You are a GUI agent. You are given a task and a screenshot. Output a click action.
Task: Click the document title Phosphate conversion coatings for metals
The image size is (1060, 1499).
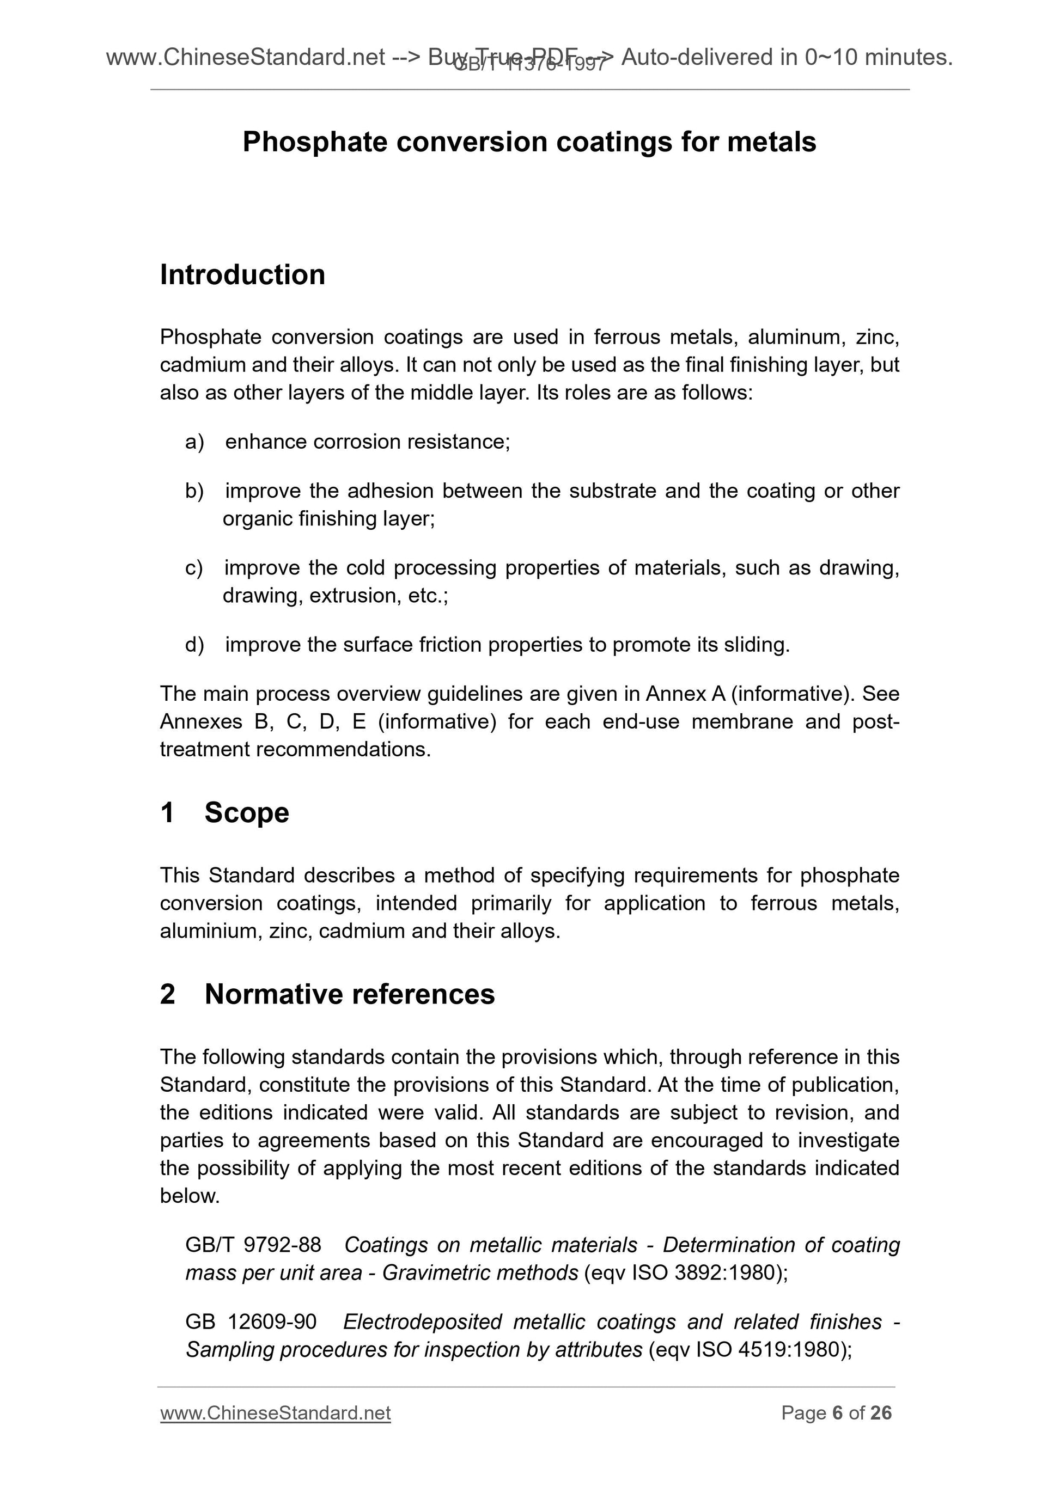point(529,142)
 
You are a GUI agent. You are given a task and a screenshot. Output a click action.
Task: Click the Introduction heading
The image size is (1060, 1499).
point(242,275)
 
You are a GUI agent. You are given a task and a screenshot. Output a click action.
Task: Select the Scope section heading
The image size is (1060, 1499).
point(246,813)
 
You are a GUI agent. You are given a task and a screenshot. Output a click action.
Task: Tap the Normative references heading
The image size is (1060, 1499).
point(349,994)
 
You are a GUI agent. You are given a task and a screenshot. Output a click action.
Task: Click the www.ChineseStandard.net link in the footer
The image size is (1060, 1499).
point(275,1414)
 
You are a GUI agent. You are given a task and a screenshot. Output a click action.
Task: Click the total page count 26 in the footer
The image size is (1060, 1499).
point(881,1414)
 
